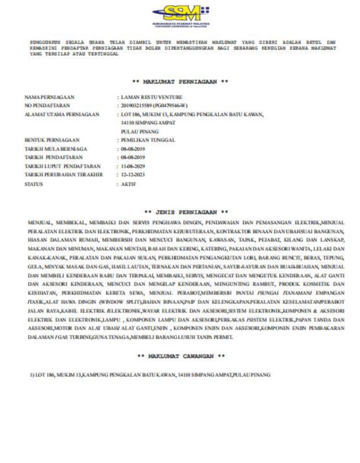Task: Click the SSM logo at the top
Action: click(x=180, y=15)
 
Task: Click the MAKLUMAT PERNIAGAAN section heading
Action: click(x=179, y=82)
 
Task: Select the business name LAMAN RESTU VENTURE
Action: click(x=151, y=97)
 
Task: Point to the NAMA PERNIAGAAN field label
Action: click(x=49, y=97)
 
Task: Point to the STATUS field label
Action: click(x=34, y=184)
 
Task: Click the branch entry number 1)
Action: click(x=32, y=374)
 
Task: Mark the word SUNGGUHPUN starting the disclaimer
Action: click(x=43, y=42)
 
